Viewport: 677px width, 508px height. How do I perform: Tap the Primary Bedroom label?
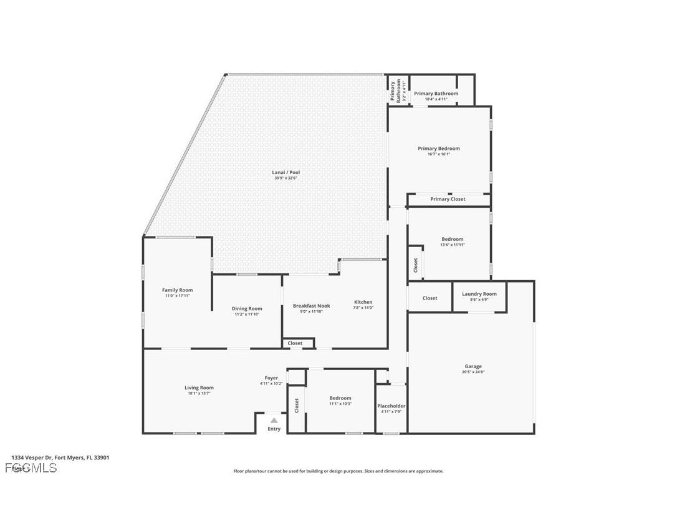point(438,149)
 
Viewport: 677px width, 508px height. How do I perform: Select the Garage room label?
point(473,366)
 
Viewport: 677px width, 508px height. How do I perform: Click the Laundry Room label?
point(479,294)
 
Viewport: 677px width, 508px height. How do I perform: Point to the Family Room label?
point(177,290)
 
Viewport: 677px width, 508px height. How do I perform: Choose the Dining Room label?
point(247,309)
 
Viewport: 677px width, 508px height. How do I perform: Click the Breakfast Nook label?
point(311,306)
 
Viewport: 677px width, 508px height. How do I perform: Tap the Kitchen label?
point(363,302)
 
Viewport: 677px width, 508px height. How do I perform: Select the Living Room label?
point(199,388)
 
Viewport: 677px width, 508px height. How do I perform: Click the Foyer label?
point(271,378)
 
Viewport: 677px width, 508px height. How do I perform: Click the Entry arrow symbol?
point(274,421)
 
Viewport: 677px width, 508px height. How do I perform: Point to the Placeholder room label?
point(391,406)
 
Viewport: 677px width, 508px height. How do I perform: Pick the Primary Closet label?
point(448,199)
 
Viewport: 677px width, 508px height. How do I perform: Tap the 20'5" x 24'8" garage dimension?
point(473,372)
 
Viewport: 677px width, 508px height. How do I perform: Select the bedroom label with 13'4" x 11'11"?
point(452,239)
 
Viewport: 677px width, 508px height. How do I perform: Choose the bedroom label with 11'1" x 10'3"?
point(340,398)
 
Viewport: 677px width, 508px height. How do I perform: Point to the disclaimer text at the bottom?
point(338,471)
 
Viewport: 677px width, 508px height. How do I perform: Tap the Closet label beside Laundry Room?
point(430,298)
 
